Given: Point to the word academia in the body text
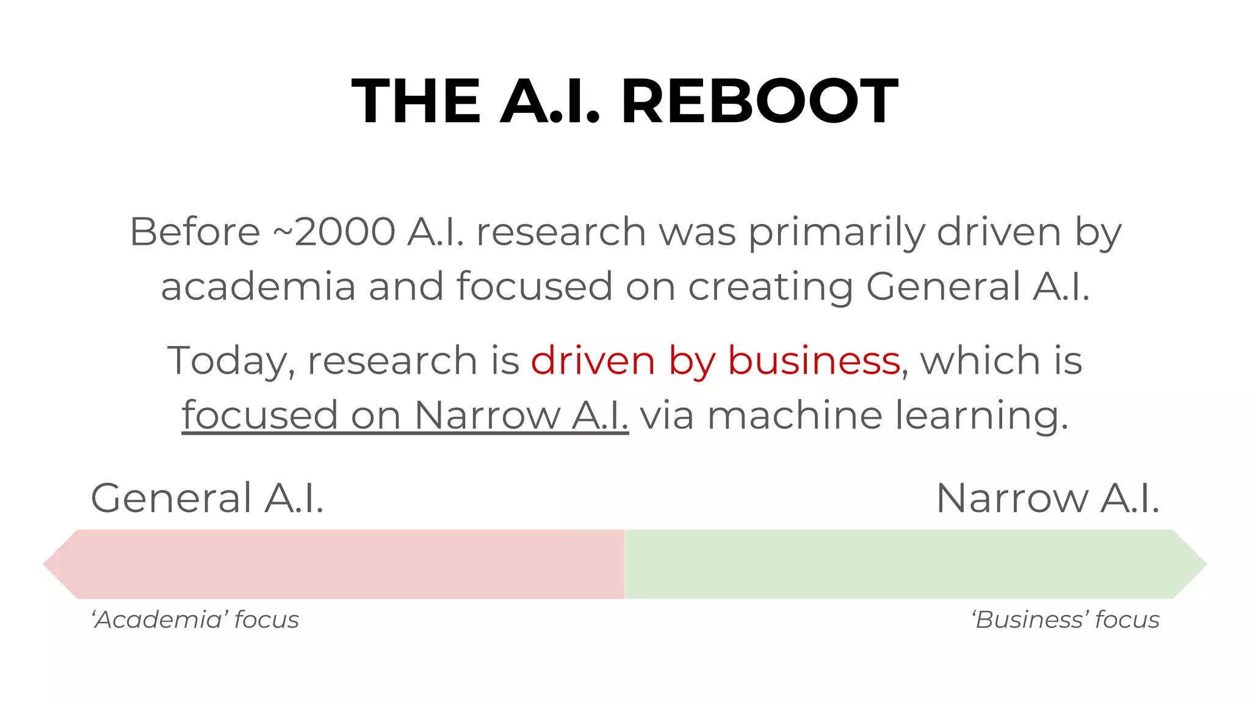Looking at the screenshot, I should [x=258, y=287].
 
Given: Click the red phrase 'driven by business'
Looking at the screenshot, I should [x=715, y=361].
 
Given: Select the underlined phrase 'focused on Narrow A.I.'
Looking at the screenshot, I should [x=405, y=416].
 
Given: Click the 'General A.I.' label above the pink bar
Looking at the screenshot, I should [x=207, y=499].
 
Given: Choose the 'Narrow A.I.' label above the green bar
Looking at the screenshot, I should [x=1047, y=499].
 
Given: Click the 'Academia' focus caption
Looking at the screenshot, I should [x=195, y=620].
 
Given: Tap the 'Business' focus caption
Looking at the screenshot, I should [x=1066, y=620].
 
